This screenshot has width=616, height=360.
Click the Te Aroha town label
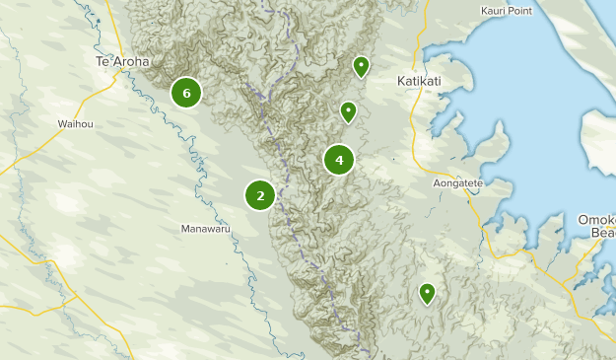coord(122,61)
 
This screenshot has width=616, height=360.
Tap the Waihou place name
coord(75,124)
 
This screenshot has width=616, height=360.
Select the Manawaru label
coord(205,229)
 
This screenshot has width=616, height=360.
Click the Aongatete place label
coord(458,183)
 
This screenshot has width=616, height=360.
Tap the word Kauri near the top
coord(494,11)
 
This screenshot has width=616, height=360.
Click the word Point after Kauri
coord(520,11)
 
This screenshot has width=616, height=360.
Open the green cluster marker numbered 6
coord(185,93)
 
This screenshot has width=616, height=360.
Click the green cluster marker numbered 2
coord(260,195)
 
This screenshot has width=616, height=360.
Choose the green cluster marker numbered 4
coord(339,159)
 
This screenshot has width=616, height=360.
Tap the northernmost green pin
coord(362,67)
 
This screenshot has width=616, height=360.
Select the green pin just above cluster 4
coord(348,112)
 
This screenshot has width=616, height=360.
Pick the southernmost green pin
coord(427,293)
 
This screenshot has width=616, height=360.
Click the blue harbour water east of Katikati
coord(522,99)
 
